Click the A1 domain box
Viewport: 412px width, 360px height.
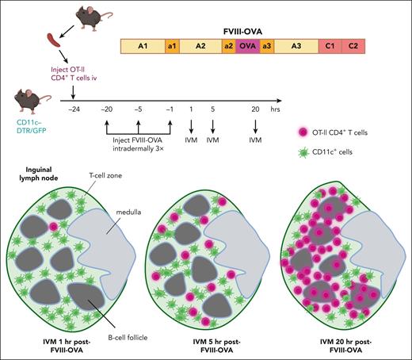tap(142, 48)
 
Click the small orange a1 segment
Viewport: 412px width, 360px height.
tap(171, 48)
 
